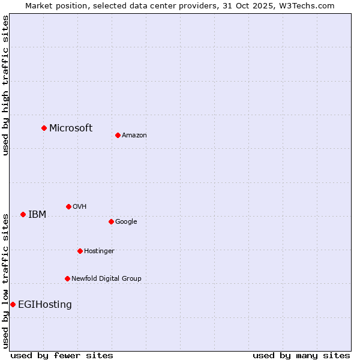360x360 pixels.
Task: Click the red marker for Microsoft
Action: click(x=44, y=128)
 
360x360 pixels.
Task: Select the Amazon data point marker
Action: click(x=118, y=135)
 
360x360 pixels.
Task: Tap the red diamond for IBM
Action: click(x=23, y=214)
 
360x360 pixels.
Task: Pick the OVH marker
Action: click(x=68, y=206)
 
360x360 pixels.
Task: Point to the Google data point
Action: click(x=111, y=221)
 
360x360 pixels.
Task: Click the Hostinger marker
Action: click(x=80, y=251)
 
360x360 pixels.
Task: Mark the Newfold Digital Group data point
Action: click(x=67, y=278)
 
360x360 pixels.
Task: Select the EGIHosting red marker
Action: click(x=13, y=304)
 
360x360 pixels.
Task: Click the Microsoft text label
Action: click(x=71, y=128)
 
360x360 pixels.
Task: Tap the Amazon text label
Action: click(x=134, y=135)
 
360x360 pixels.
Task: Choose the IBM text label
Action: click(x=37, y=214)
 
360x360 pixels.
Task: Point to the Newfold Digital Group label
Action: click(x=106, y=278)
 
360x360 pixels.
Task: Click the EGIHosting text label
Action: click(x=45, y=304)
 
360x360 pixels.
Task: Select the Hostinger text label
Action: click(x=99, y=251)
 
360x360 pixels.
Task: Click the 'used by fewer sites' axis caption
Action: click(x=62, y=355)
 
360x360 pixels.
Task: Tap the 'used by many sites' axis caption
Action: click(x=301, y=355)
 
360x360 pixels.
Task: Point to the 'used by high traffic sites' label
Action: click(x=5, y=86)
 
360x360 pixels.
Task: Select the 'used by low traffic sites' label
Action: click(x=5, y=281)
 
